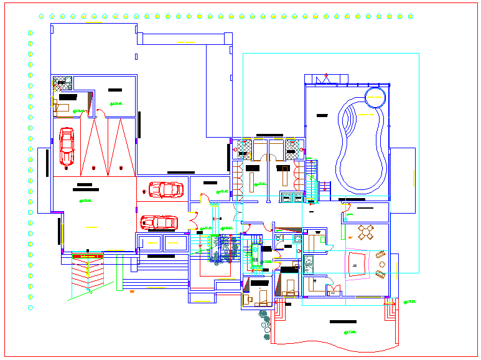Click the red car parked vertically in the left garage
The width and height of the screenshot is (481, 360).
(66, 147)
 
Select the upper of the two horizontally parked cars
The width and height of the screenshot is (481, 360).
(164, 189)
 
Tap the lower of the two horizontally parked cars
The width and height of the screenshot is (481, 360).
(158, 222)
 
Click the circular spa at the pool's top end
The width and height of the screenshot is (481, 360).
(375, 98)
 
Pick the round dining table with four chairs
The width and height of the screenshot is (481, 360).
(365, 233)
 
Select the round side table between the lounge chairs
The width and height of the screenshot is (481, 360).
(381, 264)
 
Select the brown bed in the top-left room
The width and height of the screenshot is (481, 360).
(62, 107)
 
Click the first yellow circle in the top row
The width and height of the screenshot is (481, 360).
(42, 16)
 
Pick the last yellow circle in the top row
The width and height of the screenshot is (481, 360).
(411, 16)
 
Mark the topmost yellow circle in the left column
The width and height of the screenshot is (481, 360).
(30, 32)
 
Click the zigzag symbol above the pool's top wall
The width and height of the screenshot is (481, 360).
(324, 78)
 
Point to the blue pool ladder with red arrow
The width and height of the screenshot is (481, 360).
(313, 186)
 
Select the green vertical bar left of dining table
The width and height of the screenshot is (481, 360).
(343, 231)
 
